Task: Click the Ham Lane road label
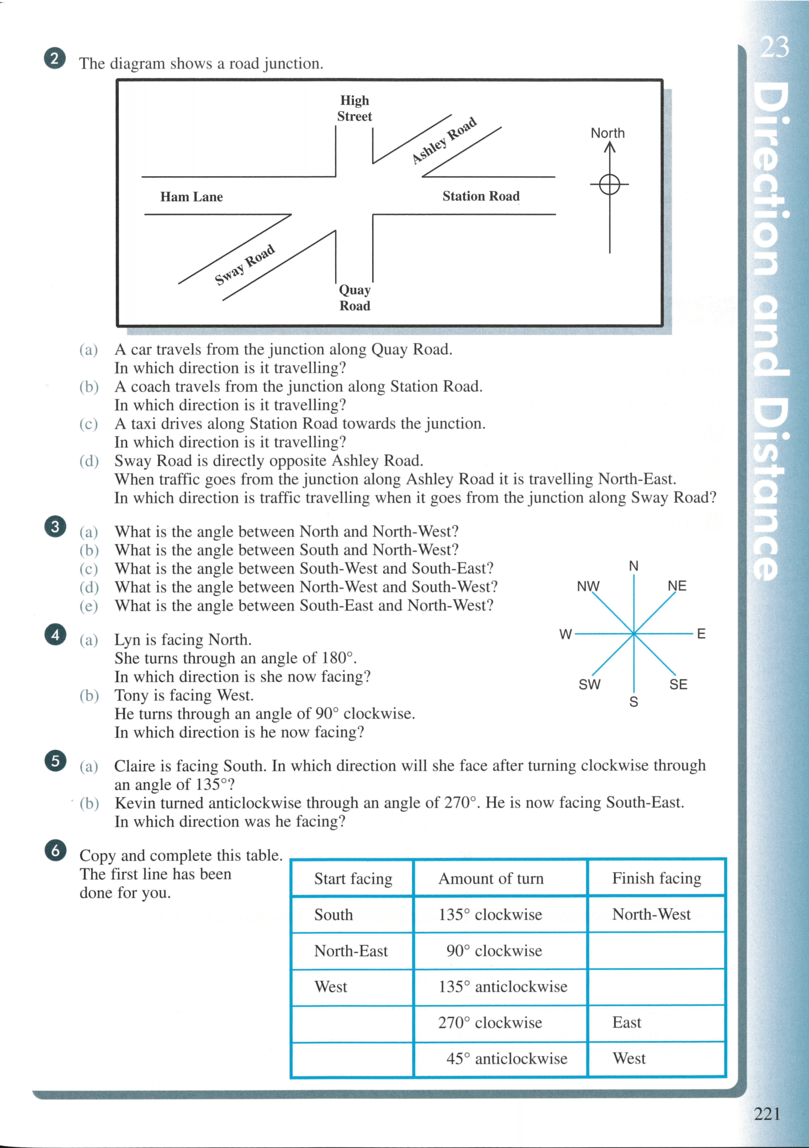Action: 192,197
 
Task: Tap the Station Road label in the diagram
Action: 480,196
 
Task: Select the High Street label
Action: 355,108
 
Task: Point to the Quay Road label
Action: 355,298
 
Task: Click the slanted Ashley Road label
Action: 445,140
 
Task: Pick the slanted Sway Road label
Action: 245,265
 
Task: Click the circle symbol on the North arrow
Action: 610,184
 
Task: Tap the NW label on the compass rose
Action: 588,586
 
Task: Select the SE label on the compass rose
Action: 678,684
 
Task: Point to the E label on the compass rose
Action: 701,634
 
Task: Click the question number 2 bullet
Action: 55,59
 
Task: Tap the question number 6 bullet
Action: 55,851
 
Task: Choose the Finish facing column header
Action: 657,878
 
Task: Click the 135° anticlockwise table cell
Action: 503,987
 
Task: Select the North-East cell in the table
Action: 351,951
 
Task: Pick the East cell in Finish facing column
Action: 627,1023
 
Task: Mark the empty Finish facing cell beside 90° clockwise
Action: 657,951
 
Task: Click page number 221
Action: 767,1114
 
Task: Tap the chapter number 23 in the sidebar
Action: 774,48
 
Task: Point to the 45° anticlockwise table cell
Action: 506,1059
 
